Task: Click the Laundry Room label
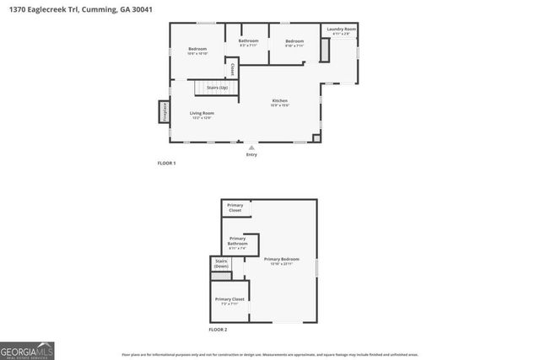point(342,30)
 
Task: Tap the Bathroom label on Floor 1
point(248,41)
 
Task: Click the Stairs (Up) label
point(218,87)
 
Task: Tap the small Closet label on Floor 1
point(232,67)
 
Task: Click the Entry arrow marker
point(251,147)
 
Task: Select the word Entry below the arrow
point(251,154)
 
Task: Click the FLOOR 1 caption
point(166,162)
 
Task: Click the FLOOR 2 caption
point(218,329)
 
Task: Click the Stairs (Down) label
point(221,264)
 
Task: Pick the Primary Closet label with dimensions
point(229,301)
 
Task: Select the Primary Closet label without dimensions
point(235,207)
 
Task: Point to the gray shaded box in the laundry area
point(325,50)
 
